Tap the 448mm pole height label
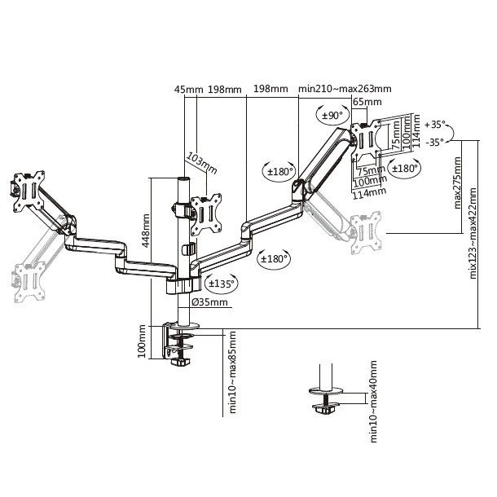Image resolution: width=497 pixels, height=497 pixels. click(146, 231)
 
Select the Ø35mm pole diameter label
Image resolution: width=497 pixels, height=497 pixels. click(209, 302)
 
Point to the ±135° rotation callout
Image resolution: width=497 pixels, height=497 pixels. click(222, 283)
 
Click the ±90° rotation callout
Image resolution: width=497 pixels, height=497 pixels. click(332, 115)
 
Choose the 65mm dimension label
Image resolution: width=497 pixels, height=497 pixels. click(367, 102)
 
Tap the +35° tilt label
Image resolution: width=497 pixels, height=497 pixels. click(435, 125)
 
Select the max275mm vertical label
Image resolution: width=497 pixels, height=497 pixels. click(457, 183)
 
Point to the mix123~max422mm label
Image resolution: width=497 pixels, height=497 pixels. click(473, 233)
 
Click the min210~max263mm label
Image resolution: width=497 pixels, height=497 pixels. click(345, 89)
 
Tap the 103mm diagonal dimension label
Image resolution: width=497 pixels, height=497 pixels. click(201, 163)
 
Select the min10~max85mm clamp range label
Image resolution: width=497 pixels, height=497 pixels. click(232, 372)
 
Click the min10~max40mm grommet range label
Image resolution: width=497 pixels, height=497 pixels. click(373, 402)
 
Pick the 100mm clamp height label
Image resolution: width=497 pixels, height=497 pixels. click(142, 341)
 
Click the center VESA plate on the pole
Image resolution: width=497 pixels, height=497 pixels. click(206, 214)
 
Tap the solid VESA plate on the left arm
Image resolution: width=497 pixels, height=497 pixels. click(29, 191)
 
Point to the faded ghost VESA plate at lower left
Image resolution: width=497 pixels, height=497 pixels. click(29, 281)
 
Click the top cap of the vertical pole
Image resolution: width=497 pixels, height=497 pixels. click(183, 179)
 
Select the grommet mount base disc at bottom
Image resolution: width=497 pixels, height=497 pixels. click(327, 390)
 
